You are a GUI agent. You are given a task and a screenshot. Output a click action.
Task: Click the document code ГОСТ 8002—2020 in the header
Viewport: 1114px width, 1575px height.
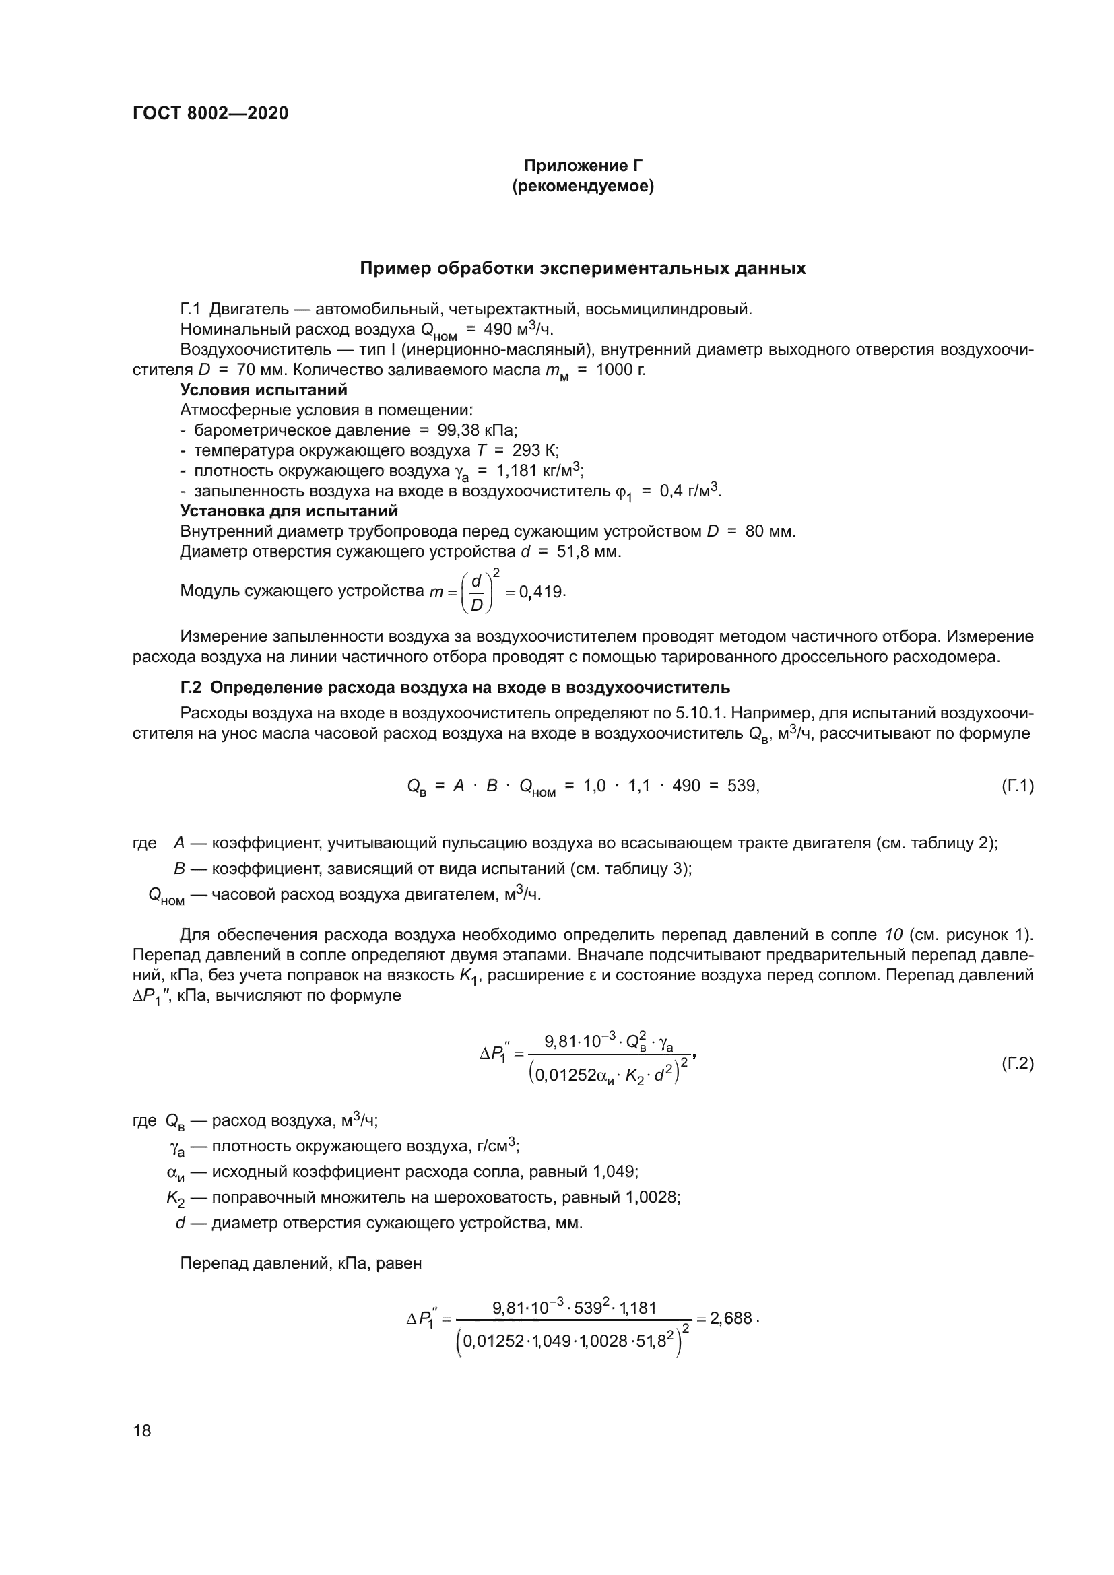tap(210, 114)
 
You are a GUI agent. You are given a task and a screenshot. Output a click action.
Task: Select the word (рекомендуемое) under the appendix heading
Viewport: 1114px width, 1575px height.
tap(583, 187)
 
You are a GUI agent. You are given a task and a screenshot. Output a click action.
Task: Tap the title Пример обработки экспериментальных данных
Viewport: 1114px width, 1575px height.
tap(583, 269)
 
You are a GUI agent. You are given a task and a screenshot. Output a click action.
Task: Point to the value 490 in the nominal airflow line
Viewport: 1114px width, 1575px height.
tap(498, 329)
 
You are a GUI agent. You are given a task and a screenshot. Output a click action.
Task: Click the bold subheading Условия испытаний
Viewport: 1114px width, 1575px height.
tap(263, 390)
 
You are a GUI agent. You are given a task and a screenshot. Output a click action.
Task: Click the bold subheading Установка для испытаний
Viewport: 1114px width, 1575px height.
tap(289, 511)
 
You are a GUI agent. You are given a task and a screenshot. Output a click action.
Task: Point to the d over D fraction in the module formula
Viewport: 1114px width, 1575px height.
tap(476, 591)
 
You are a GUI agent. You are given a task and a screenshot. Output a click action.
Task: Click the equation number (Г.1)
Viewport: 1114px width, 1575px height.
tap(1016, 786)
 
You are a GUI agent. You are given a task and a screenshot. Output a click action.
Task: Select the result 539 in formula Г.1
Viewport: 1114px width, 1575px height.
tap(742, 786)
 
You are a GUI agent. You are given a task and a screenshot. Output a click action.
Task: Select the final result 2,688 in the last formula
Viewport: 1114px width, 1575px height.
tap(731, 1318)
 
